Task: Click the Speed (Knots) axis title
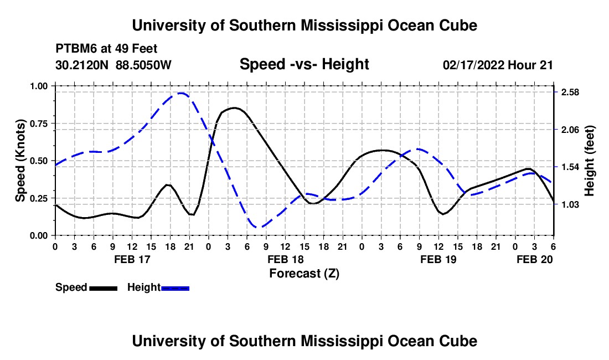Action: [x=20, y=161]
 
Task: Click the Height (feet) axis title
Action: [x=589, y=161]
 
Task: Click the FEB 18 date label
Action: [x=285, y=259]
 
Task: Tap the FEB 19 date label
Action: [x=438, y=259]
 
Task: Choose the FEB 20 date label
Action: [x=534, y=259]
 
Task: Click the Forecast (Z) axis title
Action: [x=304, y=273]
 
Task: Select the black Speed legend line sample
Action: [x=102, y=287]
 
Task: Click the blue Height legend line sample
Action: [x=175, y=287]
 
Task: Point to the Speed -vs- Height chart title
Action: [x=304, y=64]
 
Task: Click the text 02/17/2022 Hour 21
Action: [x=498, y=65]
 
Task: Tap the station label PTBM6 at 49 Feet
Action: [x=106, y=49]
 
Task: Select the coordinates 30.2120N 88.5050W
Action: [x=113, y=65]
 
